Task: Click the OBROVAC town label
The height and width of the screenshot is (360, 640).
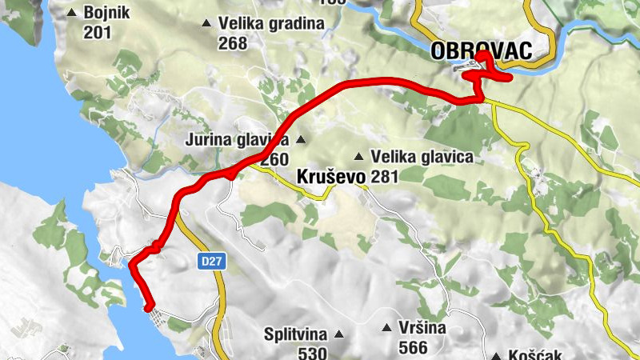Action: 481,51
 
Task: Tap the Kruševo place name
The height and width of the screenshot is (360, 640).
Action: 330,177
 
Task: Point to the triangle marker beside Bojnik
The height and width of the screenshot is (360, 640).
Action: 73,14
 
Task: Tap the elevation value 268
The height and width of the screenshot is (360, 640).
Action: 233,43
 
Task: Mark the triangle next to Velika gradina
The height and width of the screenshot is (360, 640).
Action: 208,24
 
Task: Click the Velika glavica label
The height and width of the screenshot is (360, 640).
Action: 422,157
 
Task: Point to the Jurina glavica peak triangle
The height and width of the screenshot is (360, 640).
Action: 301,140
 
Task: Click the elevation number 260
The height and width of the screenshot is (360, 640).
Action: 274,160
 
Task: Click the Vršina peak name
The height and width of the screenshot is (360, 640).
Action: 423,328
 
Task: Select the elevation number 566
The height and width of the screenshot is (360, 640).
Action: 412,347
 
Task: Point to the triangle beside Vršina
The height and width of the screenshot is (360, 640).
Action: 386,328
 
